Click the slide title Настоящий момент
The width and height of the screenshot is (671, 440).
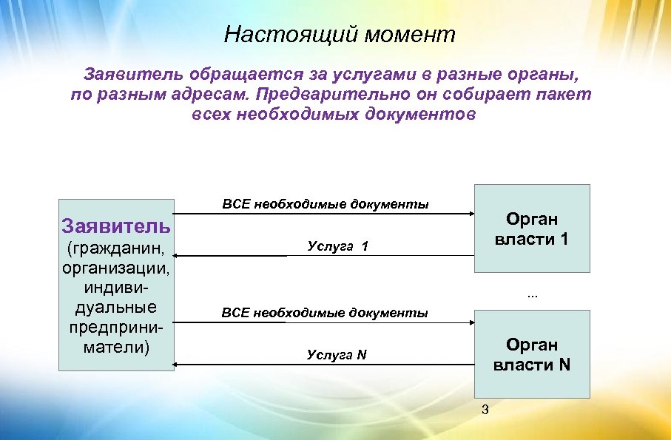coord(340,35)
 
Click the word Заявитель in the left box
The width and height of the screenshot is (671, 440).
coord(116,225)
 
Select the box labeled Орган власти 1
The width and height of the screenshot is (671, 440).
coord(531,229)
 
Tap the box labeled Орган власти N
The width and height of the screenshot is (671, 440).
coord(531,354)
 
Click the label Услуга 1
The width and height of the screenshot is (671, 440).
coord(337,247)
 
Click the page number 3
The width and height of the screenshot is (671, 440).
coord(485,410)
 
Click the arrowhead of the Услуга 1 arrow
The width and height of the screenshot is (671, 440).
coord(178,255)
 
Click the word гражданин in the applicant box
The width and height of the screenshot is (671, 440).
coord(116,246)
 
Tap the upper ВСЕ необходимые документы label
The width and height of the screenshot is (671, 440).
coord(325,203)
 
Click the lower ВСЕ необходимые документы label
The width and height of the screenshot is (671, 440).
coord(325,313)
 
